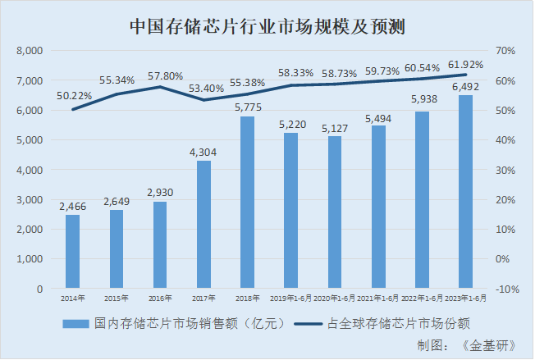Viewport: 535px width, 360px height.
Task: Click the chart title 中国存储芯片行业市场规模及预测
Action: point(268,26)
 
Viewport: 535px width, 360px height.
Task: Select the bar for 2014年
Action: point(72,252)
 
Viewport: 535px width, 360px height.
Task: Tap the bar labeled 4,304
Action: point(203,225)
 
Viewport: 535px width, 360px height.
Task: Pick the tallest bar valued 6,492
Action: point(464,192)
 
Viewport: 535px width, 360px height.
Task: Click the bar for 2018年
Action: point(247,203)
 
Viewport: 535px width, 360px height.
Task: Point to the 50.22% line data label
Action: point(75,96)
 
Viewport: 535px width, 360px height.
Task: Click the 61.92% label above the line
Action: point(465,63)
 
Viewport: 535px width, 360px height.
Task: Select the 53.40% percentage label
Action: point(204,88)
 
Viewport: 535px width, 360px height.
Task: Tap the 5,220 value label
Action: point(290,125)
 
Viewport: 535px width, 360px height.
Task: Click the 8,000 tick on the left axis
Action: point(29,51)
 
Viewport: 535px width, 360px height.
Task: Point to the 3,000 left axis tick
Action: point(29,200)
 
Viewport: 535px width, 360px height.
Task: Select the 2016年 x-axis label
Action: point(160,298)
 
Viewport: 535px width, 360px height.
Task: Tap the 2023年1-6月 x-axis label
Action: point(464,298)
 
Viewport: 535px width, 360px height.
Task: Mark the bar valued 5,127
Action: point(334,212)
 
